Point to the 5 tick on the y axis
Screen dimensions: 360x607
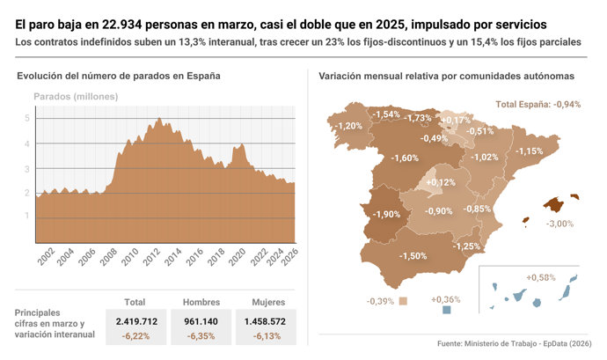26,117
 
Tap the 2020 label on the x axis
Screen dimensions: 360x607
238,256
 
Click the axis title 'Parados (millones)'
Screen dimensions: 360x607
76,95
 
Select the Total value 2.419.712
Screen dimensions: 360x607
135,321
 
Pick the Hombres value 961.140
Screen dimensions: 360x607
201,321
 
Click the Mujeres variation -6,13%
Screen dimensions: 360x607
267,335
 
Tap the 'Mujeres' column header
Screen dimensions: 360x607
267,301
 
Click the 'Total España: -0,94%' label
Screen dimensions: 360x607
538,104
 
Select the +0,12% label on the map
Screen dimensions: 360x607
440,182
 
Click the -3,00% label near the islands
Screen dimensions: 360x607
559,224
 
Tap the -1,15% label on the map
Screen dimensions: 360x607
529,151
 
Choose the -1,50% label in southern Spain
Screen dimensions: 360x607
413,255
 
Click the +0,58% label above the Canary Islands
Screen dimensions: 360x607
541,277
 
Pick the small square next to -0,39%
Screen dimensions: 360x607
403,301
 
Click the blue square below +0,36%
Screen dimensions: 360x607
447,310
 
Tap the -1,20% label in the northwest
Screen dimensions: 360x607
349,126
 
